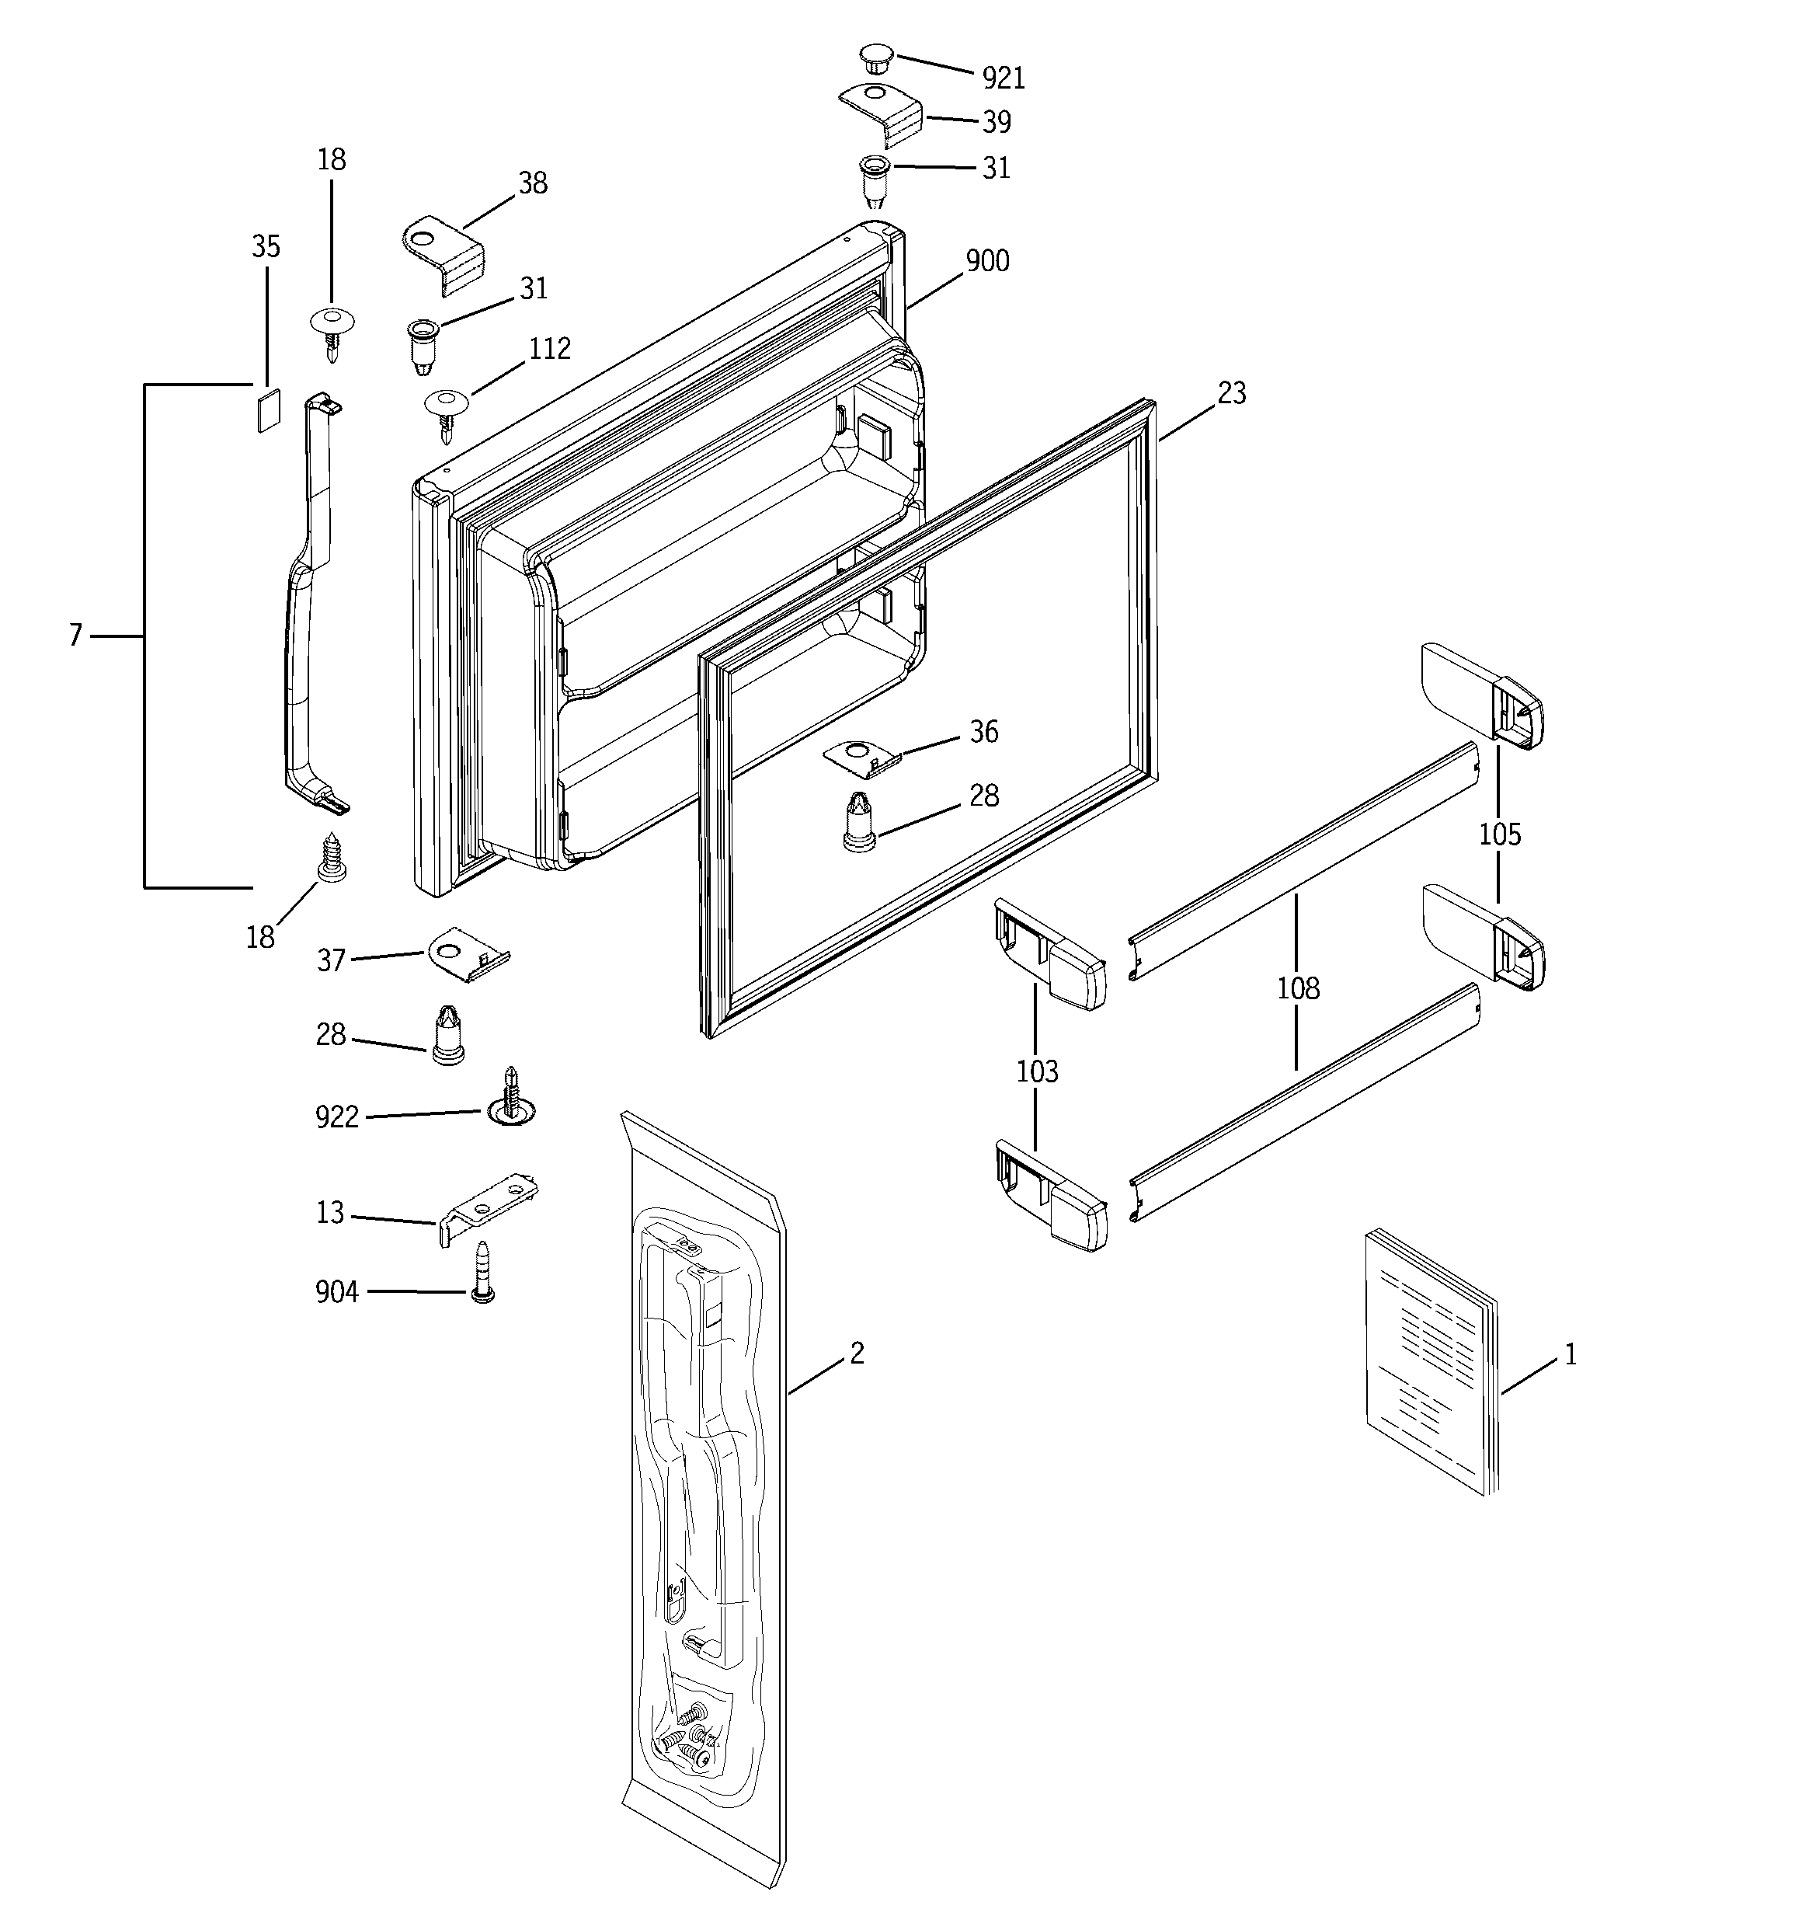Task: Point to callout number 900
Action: point(987,260)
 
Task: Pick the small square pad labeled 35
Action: point(268,410)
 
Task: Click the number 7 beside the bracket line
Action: point(75,636)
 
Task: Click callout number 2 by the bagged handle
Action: point(857,1353)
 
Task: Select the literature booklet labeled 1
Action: point(1428,1360)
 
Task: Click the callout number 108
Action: point(1297,988)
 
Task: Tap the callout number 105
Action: point(1499,834)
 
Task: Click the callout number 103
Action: point(1037,1071)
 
